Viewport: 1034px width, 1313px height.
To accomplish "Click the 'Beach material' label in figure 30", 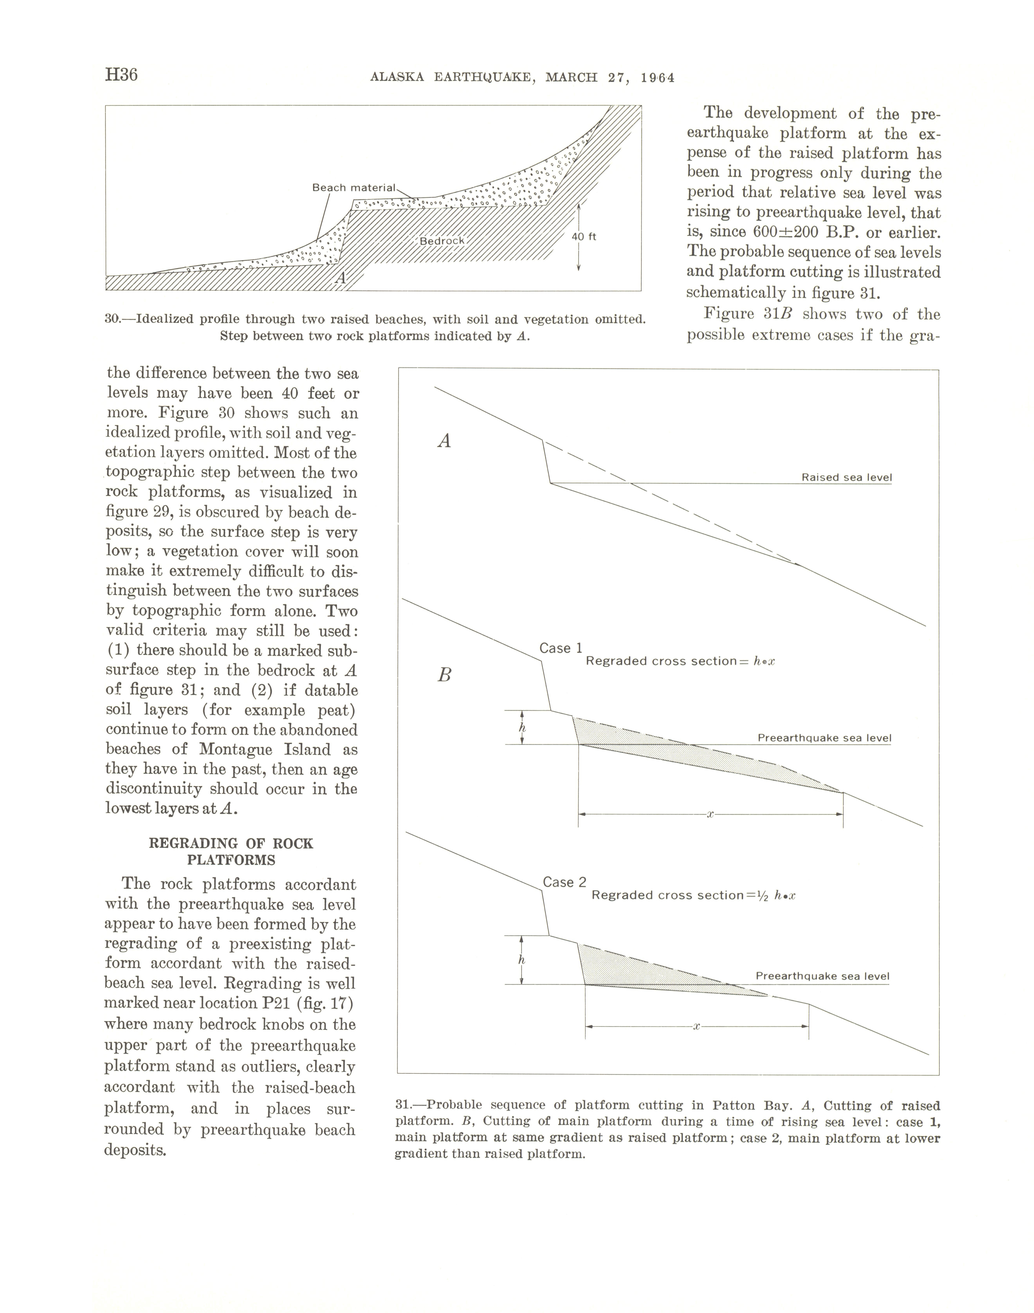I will pos(354,188).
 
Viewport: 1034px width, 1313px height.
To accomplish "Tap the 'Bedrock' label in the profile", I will pos(442,241).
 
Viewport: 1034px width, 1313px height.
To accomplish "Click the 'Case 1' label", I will pos(561,648).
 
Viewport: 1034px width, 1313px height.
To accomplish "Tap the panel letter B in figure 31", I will pos(444,675).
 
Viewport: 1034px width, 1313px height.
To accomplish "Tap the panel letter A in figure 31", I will pos(444,441).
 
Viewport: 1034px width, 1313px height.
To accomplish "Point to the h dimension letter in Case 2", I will pos(522,960).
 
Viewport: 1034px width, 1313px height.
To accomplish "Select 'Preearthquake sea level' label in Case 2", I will pos(822,976).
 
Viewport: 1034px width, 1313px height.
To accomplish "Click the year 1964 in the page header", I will pos(657,77).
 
